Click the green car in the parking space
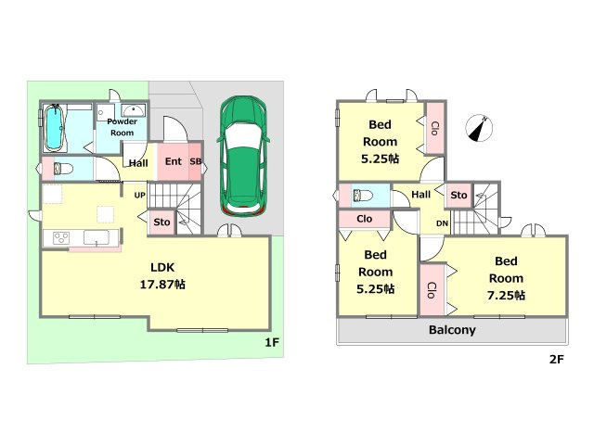(243, 157)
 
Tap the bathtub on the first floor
(54, 128)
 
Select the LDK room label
(162, 268)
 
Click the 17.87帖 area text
(162, 285)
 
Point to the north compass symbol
(479, 128)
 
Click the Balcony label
(452, 330)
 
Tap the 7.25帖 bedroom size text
(506, 295)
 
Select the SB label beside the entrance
(196, 161)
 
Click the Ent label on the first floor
(174, 161)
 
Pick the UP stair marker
(140, 196)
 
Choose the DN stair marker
(442, 223)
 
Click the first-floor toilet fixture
(63, 168)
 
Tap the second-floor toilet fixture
(363, 196)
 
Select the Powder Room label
(122, 127)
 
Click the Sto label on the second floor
(458, 196)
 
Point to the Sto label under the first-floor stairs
(161, 222)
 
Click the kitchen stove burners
(61, 238)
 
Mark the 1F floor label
(272, 342)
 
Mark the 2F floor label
(557, 359)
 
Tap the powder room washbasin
(133, 110)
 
